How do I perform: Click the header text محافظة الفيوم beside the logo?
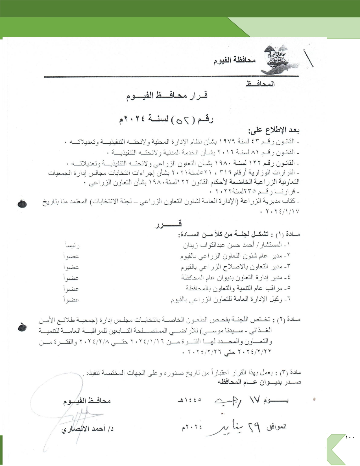(x=235, y=60)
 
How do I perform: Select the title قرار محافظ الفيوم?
(x=167, y=96)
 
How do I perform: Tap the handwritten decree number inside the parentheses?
(x=184, y=120)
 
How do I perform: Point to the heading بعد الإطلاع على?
(x=274, y=130)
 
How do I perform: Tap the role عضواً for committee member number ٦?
(x=71, y=300)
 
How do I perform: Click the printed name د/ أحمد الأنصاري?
(x=88, y=429)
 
